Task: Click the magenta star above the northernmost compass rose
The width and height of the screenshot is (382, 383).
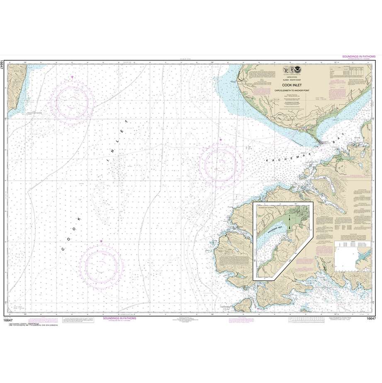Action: pyautogui.click(x=73, y=77)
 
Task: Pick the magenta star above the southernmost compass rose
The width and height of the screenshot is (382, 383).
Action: pyautogui.click(x=101, y=241)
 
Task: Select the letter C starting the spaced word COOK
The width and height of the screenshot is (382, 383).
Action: pyautogui.click(x=63, y=249)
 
